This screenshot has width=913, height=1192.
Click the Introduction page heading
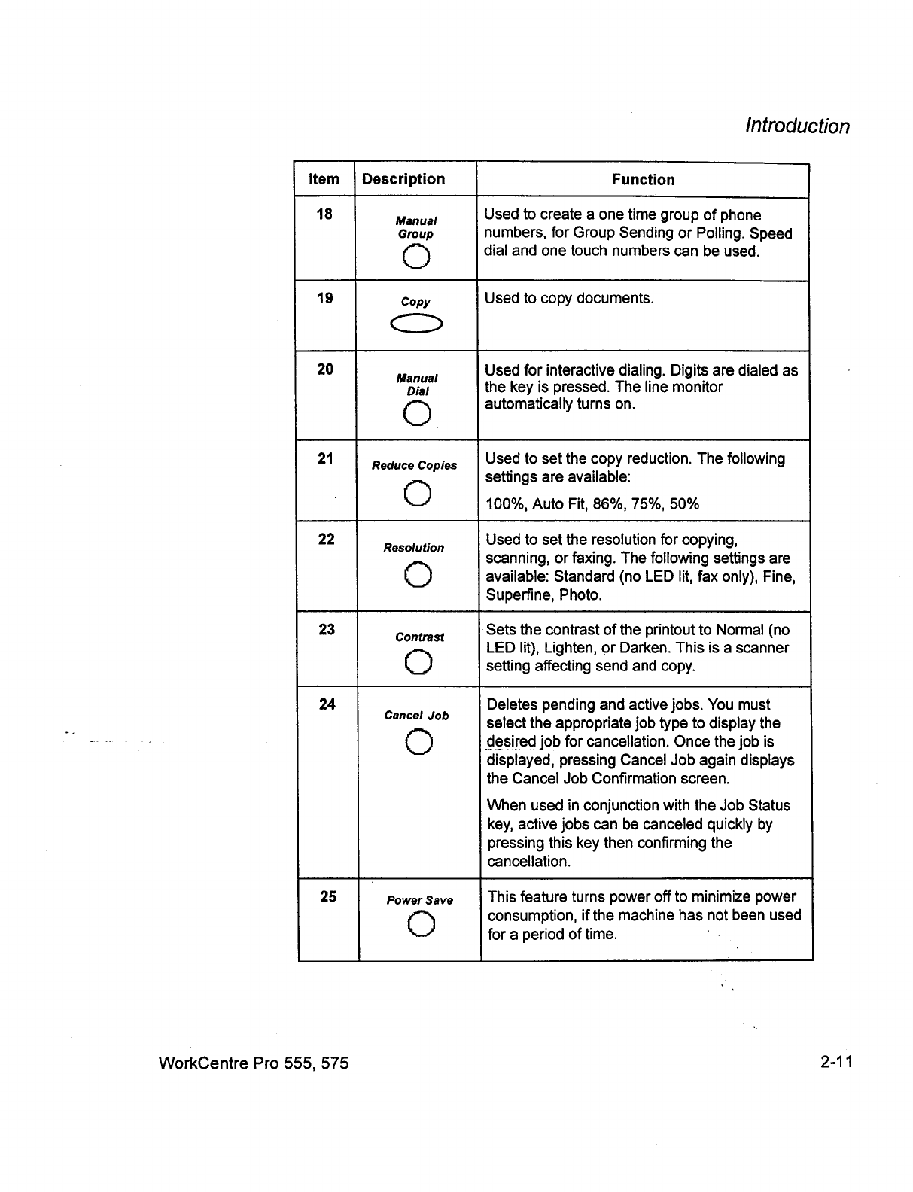point(796,126)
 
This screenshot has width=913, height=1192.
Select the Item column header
point(324,179)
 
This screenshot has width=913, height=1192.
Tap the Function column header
point(643,180)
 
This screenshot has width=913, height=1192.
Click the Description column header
point(403,179)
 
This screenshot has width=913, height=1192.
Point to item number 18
point(324,214)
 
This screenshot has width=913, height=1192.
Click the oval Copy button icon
point(415,324)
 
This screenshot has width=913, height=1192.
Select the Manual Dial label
point(417,385)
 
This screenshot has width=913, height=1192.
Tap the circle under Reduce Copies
point(417,494)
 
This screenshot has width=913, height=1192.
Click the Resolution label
point(414,548)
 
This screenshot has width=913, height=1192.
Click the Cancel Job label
point(416,716)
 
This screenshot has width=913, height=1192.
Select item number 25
point(328,896)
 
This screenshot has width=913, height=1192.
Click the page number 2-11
point(835,1063)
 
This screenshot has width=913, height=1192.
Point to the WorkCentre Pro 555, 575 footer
point(254,1063)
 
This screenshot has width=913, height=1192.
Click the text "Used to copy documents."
point(569,298)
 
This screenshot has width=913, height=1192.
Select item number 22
point(327,540)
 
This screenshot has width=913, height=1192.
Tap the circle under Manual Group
point(416,257)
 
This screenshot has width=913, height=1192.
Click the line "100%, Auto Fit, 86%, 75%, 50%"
point(592,504)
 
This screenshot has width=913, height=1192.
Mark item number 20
point(325,369)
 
